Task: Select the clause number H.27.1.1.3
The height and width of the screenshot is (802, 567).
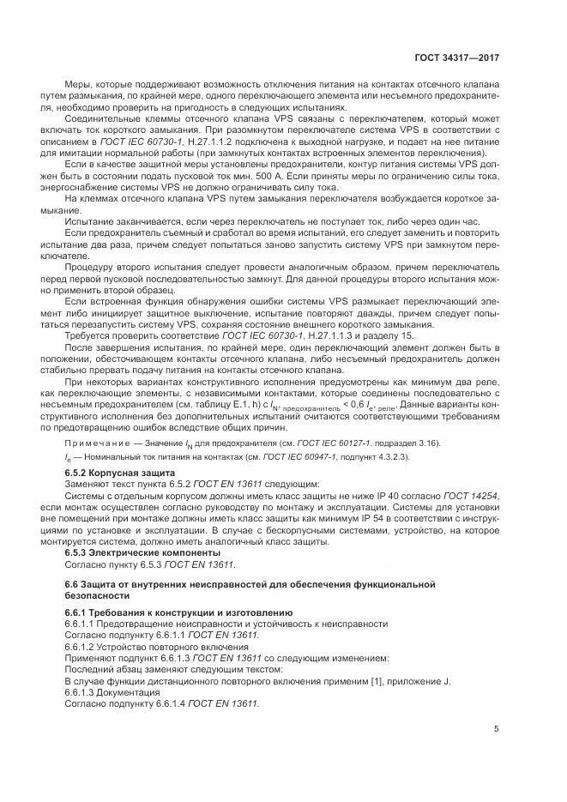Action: click(293, 335)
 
